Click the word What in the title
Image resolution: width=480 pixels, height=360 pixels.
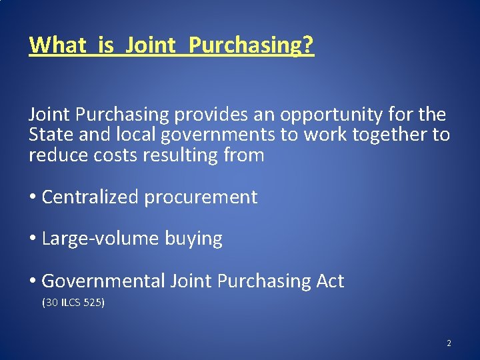pyautogui.click(x=58, y=45)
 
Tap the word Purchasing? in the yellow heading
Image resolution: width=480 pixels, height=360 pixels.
pyautogui.click(x=251, y=45)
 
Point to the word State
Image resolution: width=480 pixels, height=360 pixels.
pyautogui.click(x=51, y=135)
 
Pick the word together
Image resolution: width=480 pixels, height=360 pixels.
pyautogui.click(x=393, y=135)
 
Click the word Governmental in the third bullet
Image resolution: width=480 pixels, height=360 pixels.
pyautogui.click(x=103, y=281)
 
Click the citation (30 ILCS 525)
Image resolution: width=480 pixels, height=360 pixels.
pyautogui.click(x=73, y=303)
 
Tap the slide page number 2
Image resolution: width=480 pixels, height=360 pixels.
pyautogui.click(x=449, y=343)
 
